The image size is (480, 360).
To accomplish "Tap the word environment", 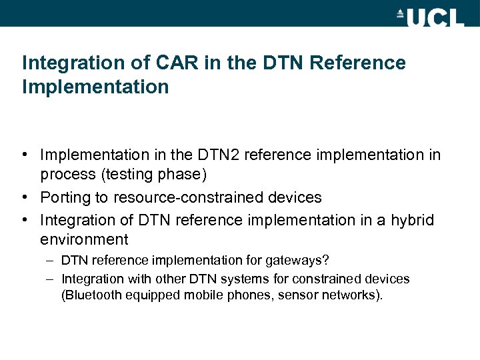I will [x=84, y=239].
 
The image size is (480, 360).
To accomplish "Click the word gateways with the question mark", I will [x=297, y=260].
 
